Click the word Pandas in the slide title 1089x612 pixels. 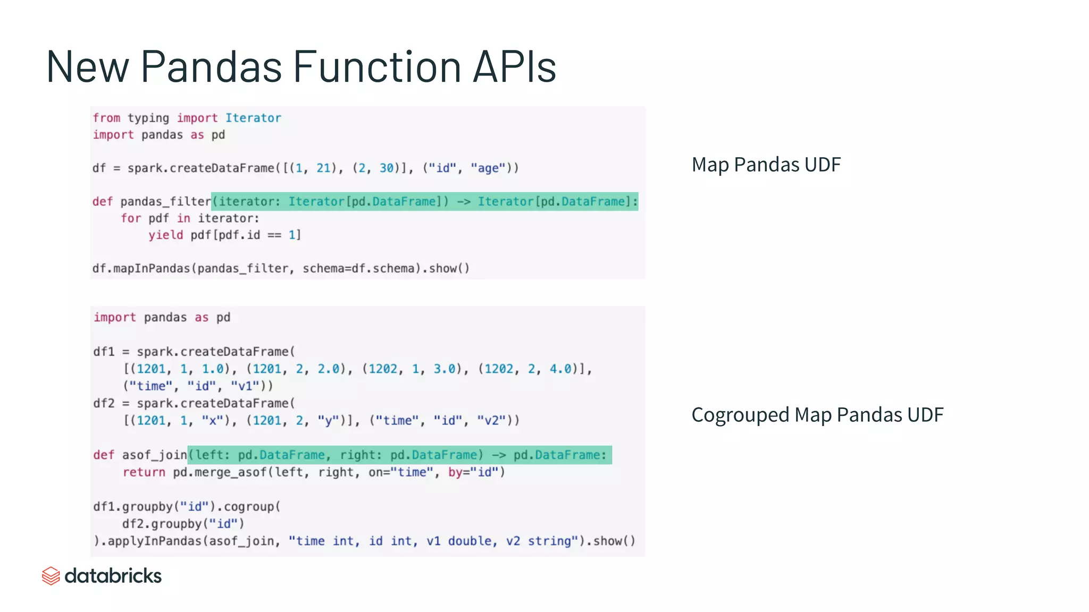pyautogui.click(x=211, y=67)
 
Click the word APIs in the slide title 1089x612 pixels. pyautogui.click(x=514, y=67)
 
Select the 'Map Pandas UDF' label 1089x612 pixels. pyautogui.click(x=766, y=165)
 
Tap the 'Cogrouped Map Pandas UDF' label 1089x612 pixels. pyautogui.click(x=817, y=415)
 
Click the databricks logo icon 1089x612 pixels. pyautogui.click(x=51, y=576)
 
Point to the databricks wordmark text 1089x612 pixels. pyautogui.click(x=113, y=576)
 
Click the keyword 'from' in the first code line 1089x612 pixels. pyautogui.click(x=106, y=118)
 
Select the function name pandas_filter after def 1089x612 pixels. pyautogui.click(x=165, y=202)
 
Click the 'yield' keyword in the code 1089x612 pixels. pyautogui.click(x=165, y=235)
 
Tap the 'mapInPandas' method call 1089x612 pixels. pyautogui.click(x=152, y=269)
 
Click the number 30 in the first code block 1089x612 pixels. pyautogui.click(x=386, y=168)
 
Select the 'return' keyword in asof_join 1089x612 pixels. pyautogui.click(x=144, y=472)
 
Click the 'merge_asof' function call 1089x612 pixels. pyautogui.click(x=230, y=472)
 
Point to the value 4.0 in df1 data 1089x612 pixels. pyautogui.click(x=560, y=369)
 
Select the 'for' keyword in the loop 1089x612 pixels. pyautogui.click(x=131, y=218)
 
